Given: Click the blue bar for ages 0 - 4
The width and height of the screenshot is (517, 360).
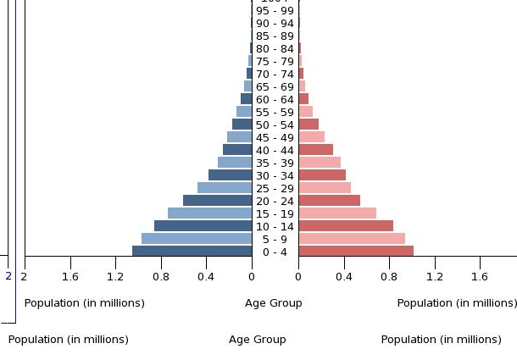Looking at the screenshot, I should [192, 251].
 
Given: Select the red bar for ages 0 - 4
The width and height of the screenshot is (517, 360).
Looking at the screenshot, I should [356, 251].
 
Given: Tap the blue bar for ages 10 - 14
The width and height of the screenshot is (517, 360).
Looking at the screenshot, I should [203, 226].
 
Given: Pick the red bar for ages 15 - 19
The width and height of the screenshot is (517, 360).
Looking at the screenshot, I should [337, 213].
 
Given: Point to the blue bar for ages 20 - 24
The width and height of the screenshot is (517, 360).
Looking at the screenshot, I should [218, 201].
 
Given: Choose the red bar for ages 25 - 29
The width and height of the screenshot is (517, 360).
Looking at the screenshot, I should [325, 188].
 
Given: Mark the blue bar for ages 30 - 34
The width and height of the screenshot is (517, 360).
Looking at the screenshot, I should [231, 175].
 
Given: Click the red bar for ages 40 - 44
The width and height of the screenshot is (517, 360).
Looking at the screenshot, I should [316, 150].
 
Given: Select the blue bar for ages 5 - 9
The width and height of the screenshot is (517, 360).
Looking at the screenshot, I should [197, 239].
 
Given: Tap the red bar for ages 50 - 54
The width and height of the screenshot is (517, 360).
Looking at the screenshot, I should [309, 125].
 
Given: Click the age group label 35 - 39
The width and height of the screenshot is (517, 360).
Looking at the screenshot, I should [275, 163].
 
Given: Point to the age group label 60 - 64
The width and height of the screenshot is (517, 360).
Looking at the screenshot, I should [275, 100].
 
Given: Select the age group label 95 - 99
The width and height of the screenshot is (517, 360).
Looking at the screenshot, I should [275, 11].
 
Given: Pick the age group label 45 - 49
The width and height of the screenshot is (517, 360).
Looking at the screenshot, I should [275, 138].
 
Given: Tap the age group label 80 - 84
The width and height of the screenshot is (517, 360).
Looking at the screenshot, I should [275, 49].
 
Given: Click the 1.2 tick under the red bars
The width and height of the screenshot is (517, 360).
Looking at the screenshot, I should [435, 276].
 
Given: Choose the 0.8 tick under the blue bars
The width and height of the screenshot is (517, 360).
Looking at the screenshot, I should [161, 276].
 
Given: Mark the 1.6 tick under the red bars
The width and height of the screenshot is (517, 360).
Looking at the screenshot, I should [481, 276].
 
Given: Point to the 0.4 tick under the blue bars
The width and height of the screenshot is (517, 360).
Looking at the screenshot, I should [206, 276].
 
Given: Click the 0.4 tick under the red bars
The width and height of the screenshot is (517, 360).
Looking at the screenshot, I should [344, 276].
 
